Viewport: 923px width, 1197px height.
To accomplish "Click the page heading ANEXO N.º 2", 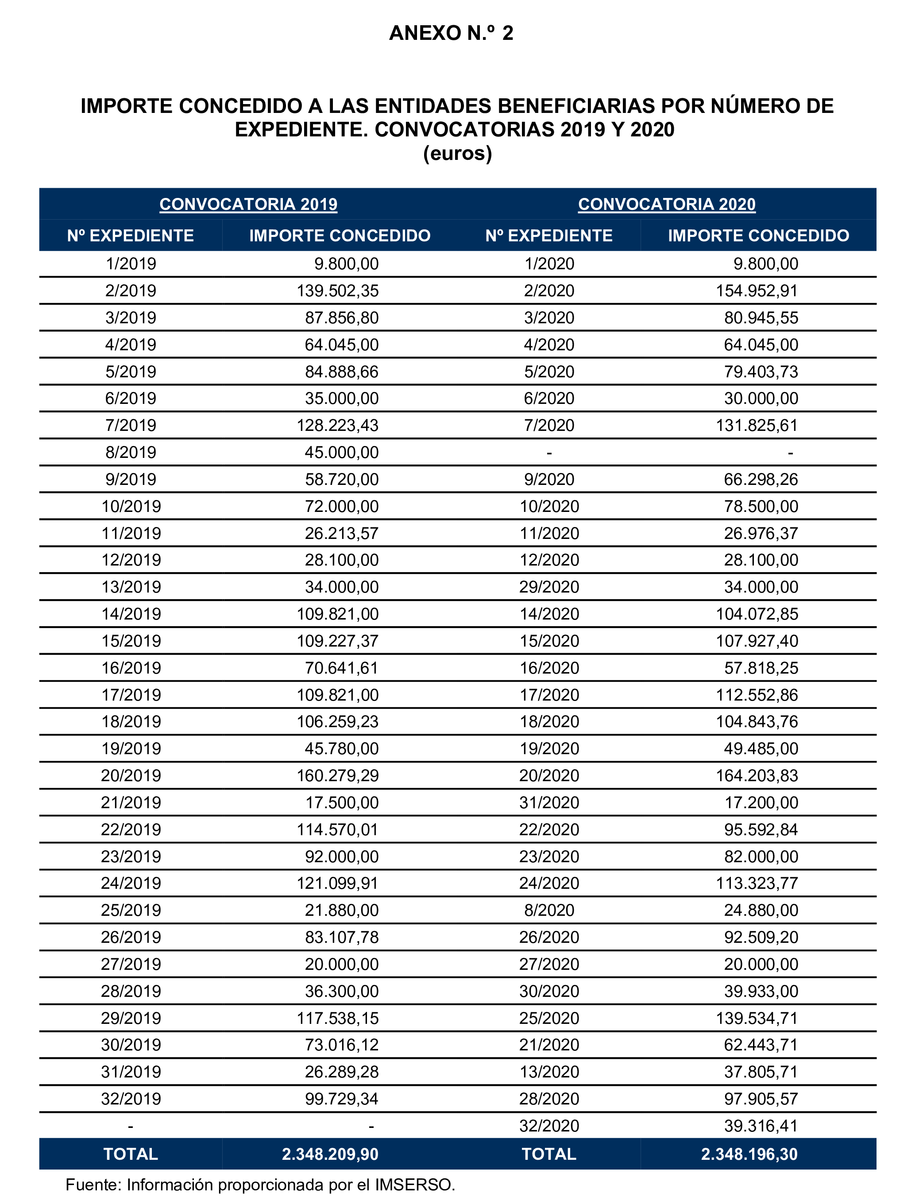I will click(x=451, y=33).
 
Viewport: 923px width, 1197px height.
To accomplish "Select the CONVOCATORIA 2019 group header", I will click(x=248, y=204).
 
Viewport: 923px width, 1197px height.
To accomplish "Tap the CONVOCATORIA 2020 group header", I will click(x=667, y=204).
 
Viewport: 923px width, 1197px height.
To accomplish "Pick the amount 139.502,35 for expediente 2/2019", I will click(x=337, y=291).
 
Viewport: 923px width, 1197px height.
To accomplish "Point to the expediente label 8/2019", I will click(x=131, y=452).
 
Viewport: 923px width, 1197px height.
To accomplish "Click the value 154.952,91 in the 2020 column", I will click(x=757, y=291).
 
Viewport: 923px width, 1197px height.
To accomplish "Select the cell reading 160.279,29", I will click(x=337, y=775).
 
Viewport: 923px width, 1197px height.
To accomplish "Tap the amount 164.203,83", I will click(x=757, y=775).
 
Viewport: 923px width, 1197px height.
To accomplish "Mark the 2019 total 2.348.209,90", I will click(x=330, y=1154).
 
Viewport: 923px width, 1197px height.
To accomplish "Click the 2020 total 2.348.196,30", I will click(x=749, y=1154).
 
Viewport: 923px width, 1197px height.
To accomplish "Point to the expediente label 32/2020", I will click(x=549, y=1126).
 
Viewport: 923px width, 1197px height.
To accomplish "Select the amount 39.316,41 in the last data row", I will click(x=761, y=1126).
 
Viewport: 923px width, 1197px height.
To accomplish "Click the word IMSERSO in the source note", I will click(x=413, y=1185).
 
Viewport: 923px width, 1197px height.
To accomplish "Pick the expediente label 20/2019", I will click(x=131, y=775).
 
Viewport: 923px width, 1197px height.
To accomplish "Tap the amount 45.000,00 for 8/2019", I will click(x=341, y=452).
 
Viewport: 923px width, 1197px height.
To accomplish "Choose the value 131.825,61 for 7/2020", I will click(x=757, y=425).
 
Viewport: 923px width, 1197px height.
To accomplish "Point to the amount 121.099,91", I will click(x=337, y=883).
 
